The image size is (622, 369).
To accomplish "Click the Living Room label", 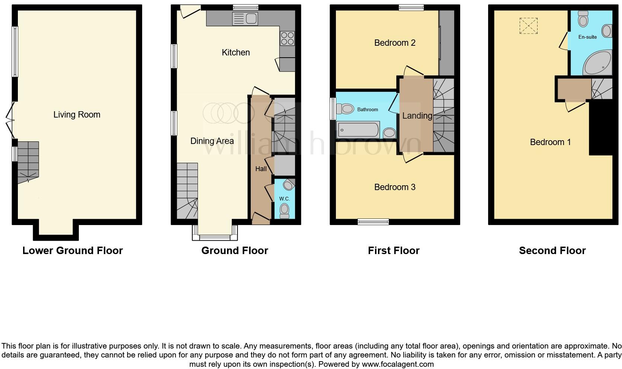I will (x=77, y=115).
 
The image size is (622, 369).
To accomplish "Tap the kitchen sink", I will (x=245, y=19).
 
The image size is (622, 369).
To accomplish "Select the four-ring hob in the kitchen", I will (x=288, y=38).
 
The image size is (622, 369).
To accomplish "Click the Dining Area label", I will (x=212, y=141).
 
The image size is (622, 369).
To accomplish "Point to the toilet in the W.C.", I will (x=285, y=210).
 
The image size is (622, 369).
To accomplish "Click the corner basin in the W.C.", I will (x=288, y=184).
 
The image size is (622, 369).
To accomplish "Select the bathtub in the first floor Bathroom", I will (x=358, y=130).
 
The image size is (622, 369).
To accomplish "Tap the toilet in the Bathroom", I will (x=345, y=109).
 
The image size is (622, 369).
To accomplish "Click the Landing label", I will (x=417, y=116).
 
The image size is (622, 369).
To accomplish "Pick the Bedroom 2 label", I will (x=395, y=43).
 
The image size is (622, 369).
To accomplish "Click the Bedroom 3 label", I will (x=395, y=187).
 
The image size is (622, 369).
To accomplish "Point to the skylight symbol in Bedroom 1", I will (x=528, y=26).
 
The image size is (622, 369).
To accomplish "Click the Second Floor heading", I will (x=552, y=251).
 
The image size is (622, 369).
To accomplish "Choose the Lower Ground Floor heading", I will (x=73, y=251).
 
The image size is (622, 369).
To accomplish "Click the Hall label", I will (x=261, y=169).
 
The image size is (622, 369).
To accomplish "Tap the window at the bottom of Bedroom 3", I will (x=373, y=222).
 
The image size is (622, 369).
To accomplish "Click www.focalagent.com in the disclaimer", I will (x=397, y=364).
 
